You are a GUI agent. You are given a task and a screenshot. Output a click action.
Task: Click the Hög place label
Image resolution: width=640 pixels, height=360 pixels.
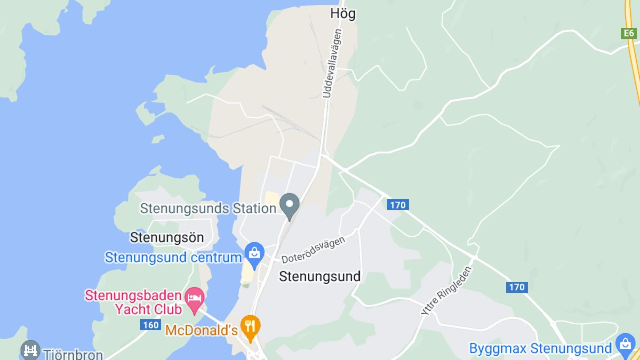coord(343,13)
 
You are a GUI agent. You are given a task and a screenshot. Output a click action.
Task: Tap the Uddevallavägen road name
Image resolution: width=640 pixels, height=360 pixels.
coord(332,63)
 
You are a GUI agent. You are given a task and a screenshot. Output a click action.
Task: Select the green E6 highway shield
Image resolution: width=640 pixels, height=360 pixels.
coord(630,33)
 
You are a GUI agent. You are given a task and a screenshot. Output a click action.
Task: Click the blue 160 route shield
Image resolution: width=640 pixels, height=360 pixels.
coord(150,324)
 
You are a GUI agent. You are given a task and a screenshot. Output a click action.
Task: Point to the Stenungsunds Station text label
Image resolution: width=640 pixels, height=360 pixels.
coord(208,208)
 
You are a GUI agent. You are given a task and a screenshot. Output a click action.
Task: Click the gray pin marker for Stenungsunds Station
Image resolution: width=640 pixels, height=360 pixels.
coord(290,205)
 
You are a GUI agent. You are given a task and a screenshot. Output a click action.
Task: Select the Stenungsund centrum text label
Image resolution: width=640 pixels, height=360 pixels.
coord(173,258)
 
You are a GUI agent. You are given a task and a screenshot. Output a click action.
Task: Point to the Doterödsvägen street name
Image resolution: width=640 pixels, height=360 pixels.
coord(313,250)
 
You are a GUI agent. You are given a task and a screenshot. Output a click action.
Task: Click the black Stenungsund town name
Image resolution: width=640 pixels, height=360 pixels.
coord(320,277)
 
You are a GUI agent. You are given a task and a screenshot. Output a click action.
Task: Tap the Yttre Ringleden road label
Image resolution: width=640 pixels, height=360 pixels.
coord(446,291)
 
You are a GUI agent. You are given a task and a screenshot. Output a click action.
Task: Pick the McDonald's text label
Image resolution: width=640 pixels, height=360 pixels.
coord(201,330)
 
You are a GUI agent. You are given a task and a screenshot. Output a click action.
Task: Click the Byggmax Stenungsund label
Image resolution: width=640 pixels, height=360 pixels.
coord(540,349)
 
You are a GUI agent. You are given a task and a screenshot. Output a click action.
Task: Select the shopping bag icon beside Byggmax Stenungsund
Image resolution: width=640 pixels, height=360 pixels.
coord(625,344)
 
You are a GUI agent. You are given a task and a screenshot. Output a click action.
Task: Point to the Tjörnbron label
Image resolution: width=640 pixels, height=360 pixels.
coord(73,354)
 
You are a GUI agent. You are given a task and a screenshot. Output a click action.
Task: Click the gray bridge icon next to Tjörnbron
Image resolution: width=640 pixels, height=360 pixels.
coord(30,350)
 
